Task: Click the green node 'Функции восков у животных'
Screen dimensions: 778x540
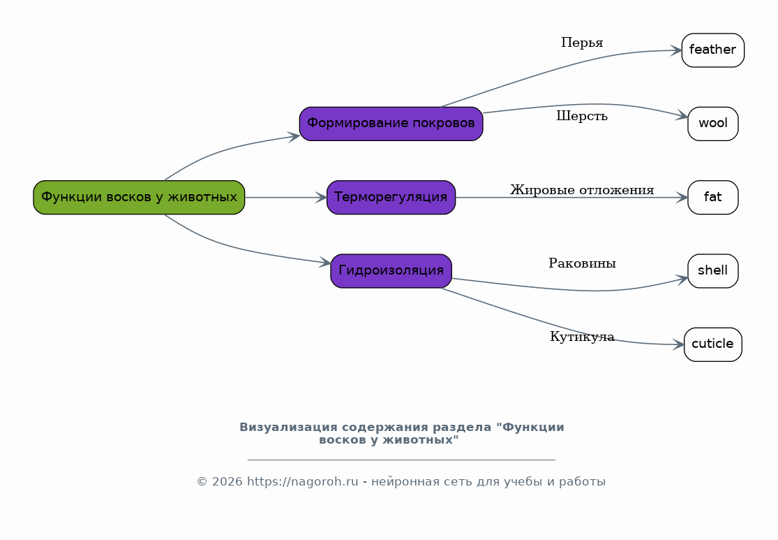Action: (x=139, y=197)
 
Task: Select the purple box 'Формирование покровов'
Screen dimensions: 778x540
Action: (x=391, y=124)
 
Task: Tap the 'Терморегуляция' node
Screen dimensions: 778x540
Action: (x=391, y=197)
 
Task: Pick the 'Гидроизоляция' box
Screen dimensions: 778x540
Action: (x=391, y=271)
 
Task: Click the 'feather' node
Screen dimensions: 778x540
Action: (x=713, y=50)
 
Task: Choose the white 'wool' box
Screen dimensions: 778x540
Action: (x=713, y=124)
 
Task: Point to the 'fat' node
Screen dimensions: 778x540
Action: (x=713, y=197)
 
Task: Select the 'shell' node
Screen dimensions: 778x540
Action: (x=713, y=271)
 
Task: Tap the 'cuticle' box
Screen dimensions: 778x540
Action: (x=713, y=344)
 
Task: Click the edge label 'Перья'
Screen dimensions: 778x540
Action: (x=582, y=43)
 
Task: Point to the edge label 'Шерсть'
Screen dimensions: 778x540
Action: (x=582, y=116)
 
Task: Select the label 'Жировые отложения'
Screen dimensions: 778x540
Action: (x=582, y=190)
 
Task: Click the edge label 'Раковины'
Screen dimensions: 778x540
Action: (x=582, y=263)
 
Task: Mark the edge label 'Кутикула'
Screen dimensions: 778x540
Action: (x=582, y=337)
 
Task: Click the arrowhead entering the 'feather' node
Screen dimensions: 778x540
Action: (x=676, y=50)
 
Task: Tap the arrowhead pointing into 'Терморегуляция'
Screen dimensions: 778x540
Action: (x=321, y=197)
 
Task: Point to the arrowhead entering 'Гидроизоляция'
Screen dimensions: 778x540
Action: (x=325, y=262)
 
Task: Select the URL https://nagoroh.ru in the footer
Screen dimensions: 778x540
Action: (x=302, y=482)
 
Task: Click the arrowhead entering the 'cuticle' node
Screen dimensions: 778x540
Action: (x=678, y=344)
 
